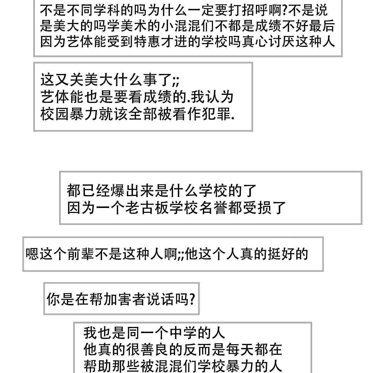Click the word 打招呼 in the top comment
tap(248, 10)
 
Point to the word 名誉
tap(214, 208)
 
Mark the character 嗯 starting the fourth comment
tap(32, 254)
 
